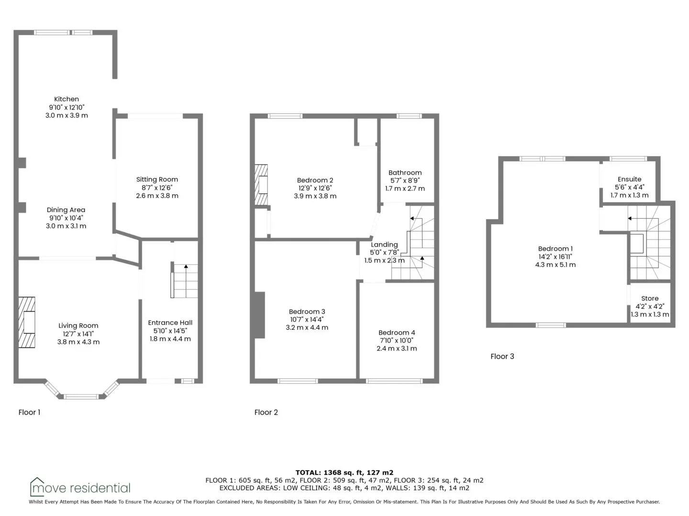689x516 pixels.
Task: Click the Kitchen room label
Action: pos(66,99)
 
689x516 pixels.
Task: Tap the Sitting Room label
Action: pos(157,180)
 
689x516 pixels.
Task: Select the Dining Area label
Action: pos(66,210)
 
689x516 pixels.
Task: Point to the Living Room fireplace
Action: pos(27,322)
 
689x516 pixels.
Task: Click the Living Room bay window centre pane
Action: pos(81,397)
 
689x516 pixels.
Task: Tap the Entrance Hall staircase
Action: pos(185,281)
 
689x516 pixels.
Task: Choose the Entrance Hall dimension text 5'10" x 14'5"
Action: pos(170,331)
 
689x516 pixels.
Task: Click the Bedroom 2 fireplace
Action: pos(261,185)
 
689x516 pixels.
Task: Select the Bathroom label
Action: pos(405,172)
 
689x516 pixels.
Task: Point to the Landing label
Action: pos(384,245)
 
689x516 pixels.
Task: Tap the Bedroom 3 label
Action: pos(307,312)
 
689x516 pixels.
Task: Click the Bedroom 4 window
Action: pos(394,381)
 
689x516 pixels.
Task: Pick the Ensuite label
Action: pos(629,179)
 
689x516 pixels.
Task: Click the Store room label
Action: pos(650,299)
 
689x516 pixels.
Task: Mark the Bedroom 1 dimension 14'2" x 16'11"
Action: pos(556,257)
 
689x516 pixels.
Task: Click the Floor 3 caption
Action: pos(502,356)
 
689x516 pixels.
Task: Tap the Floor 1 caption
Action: pos(29,412)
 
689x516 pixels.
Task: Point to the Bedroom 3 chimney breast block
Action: pos(259,315)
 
